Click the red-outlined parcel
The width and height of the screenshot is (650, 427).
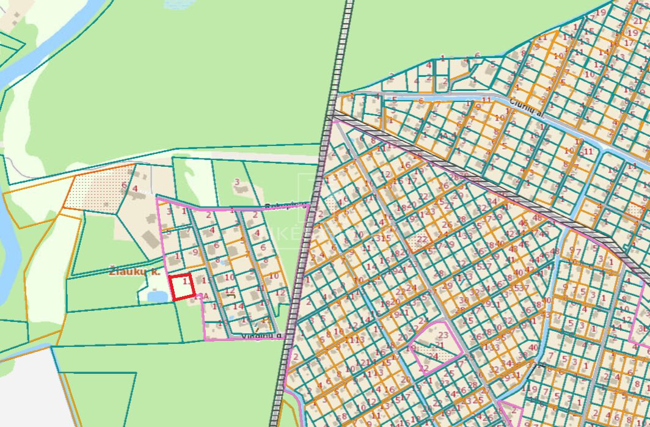point(182,287)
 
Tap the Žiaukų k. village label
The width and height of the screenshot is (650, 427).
point(134,271)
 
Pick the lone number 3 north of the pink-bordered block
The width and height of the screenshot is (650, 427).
point(237,181)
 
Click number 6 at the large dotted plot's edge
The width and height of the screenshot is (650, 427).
point(124,185)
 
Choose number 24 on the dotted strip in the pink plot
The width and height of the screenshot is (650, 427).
point(434,356)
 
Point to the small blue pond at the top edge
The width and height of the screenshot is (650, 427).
point(177,3)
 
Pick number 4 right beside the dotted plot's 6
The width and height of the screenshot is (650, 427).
point(135,188)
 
